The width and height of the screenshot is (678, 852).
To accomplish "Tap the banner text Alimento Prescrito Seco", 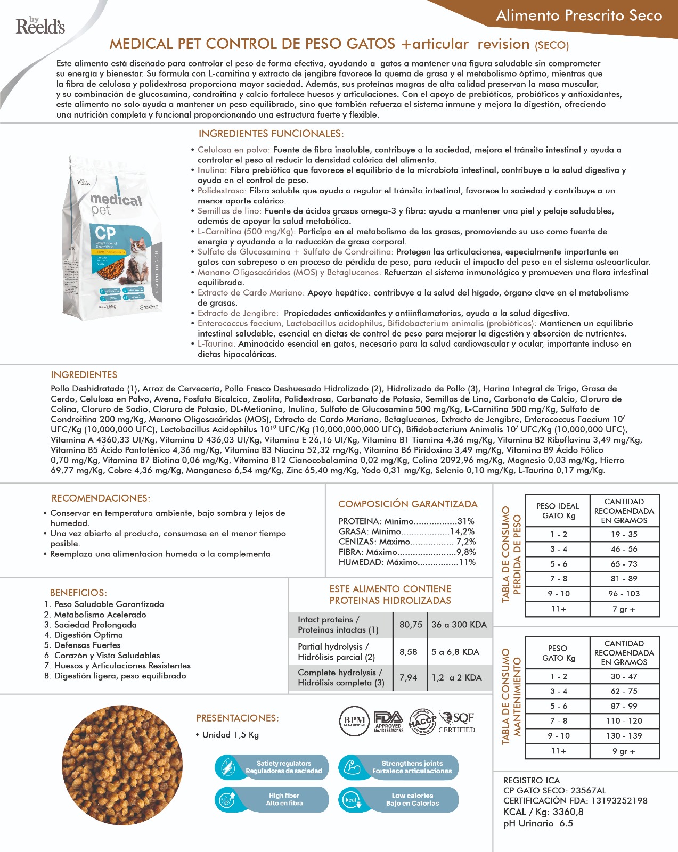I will [578, 16].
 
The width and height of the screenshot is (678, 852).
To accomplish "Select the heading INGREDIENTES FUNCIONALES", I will [271, 134].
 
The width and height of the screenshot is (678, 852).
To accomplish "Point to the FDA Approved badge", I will [388, 722].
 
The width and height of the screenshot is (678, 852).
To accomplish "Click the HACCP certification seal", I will [422, 722].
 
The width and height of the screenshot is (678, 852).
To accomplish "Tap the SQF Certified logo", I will [456, 722].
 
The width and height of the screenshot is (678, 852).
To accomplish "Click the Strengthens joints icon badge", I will [398, 767].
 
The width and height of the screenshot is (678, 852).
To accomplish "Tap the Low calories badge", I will [398, 799].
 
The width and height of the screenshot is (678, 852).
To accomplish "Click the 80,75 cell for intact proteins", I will [411, 625].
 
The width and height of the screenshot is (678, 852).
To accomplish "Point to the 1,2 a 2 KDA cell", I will [456, 677].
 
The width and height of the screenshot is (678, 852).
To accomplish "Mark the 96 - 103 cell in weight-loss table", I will [624, 594].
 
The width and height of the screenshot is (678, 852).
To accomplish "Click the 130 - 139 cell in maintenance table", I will [624, 736].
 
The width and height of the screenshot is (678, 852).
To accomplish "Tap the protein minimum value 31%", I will [465, 521].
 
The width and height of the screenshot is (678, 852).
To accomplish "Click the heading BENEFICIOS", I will [78, 593].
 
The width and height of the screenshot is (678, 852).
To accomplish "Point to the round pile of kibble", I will [122, 765].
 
